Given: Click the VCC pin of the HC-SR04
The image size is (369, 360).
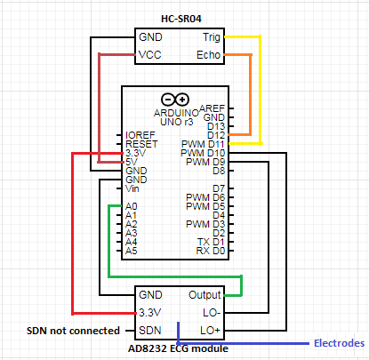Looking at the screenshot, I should (150, 56).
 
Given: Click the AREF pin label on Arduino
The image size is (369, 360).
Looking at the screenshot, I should (212, 108).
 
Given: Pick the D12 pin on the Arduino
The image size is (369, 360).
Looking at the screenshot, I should (214, 134).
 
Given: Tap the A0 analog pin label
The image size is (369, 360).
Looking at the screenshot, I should (131, 205).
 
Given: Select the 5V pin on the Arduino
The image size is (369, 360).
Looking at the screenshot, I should (131, 161).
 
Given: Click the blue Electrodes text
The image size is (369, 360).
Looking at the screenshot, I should (340, 343).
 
